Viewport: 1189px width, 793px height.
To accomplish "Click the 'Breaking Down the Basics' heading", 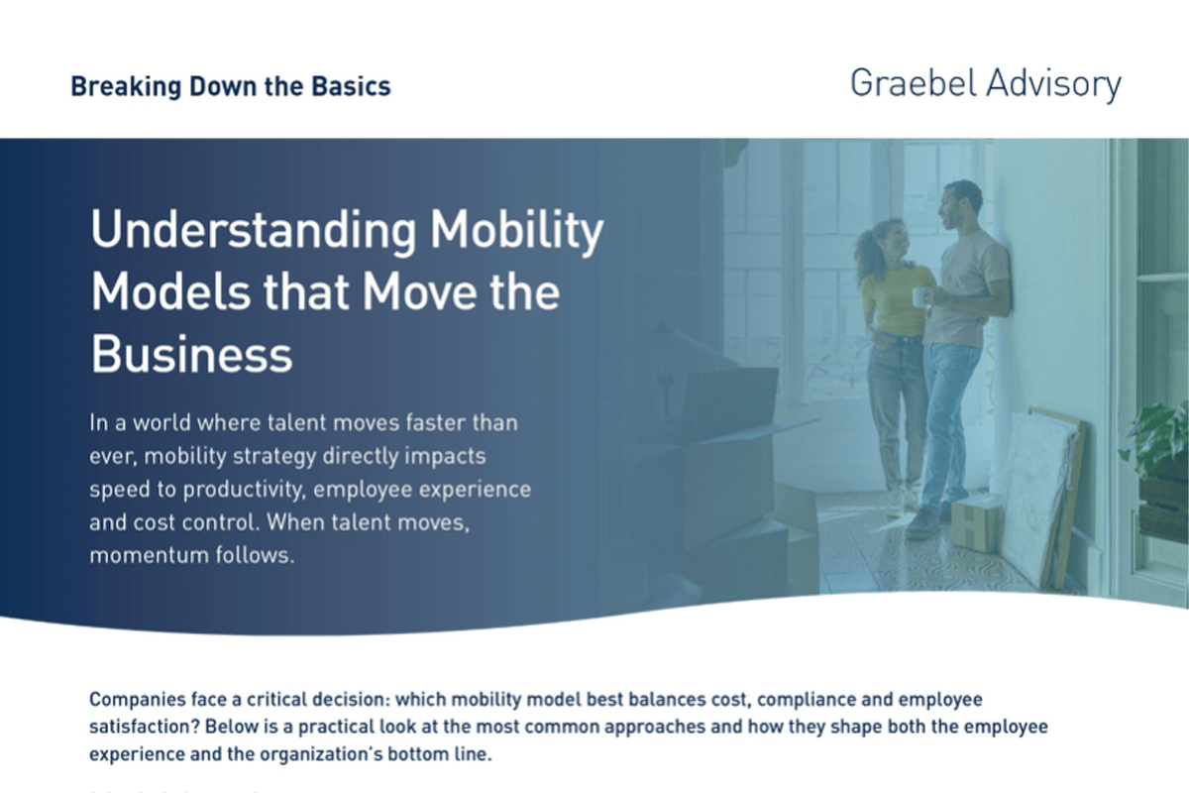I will [230, 86].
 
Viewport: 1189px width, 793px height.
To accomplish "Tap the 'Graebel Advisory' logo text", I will [985, 84].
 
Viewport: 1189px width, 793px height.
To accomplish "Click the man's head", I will [962, 202].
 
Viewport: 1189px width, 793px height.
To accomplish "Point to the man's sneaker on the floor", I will [923, 522].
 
